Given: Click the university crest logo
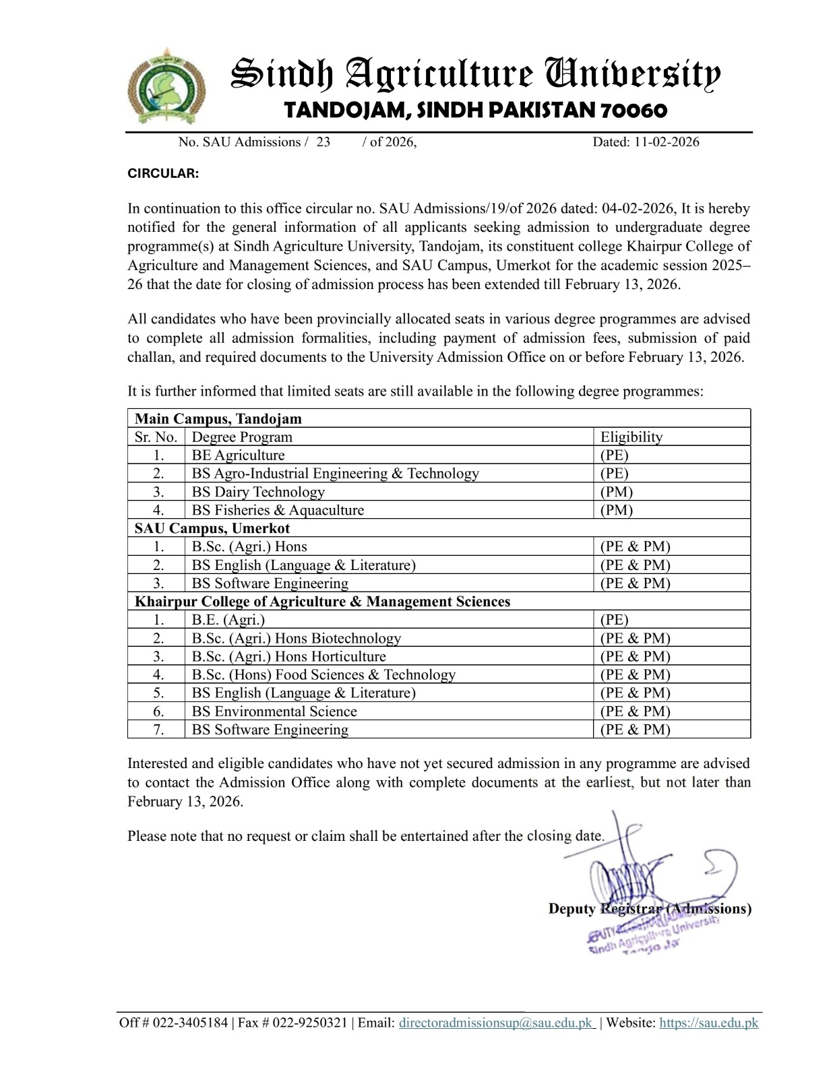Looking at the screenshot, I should click(166, 86).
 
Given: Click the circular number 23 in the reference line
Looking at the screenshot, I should click(323, 142).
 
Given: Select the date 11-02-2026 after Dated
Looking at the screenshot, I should click(666, 142).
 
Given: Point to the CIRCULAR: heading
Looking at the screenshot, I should click(163, 174).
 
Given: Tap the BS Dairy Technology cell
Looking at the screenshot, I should click(258, 492).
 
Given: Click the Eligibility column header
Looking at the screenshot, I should click(631, 437).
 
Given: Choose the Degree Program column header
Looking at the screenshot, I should click(242, 437).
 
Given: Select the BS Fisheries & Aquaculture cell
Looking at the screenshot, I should click(278, 510).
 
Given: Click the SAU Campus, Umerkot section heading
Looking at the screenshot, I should click(212, 528).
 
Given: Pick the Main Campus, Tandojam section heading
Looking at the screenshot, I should click(218, 418).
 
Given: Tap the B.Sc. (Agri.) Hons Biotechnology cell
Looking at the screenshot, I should click(297, 638).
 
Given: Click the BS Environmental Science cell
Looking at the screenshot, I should click(274, 711).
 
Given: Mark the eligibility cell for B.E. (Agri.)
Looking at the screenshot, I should click(614, 620).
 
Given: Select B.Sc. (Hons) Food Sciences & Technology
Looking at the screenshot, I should click(323, 674).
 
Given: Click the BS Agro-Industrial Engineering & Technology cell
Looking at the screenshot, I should click(335, 474).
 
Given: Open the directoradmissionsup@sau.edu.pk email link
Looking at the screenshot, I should click(496, 1023).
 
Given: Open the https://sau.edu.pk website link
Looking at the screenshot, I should click(708, 1023).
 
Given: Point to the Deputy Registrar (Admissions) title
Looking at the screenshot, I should click(650, 909).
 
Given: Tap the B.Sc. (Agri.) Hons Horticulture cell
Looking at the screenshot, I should click(289, 656).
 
